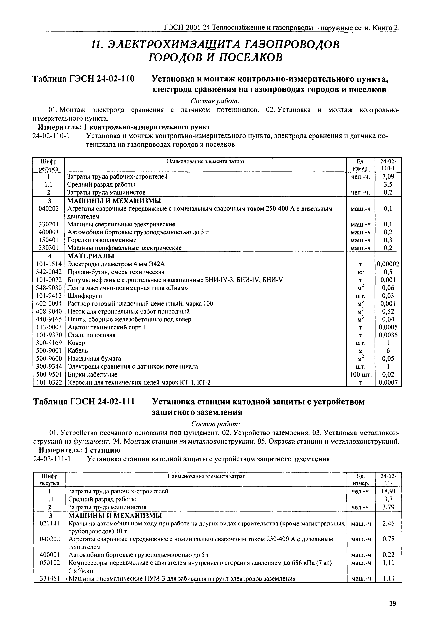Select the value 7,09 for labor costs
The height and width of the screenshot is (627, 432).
coord(388,177)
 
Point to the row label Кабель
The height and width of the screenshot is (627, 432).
coord(78,351)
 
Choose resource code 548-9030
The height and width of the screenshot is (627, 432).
coord(49,288)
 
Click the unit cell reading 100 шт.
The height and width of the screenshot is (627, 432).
coord(361,375)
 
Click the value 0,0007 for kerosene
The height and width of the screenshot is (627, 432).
coord(388,382)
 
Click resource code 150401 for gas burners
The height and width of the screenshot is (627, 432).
coord(49,240)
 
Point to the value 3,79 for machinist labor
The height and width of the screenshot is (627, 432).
coord(388,507)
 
